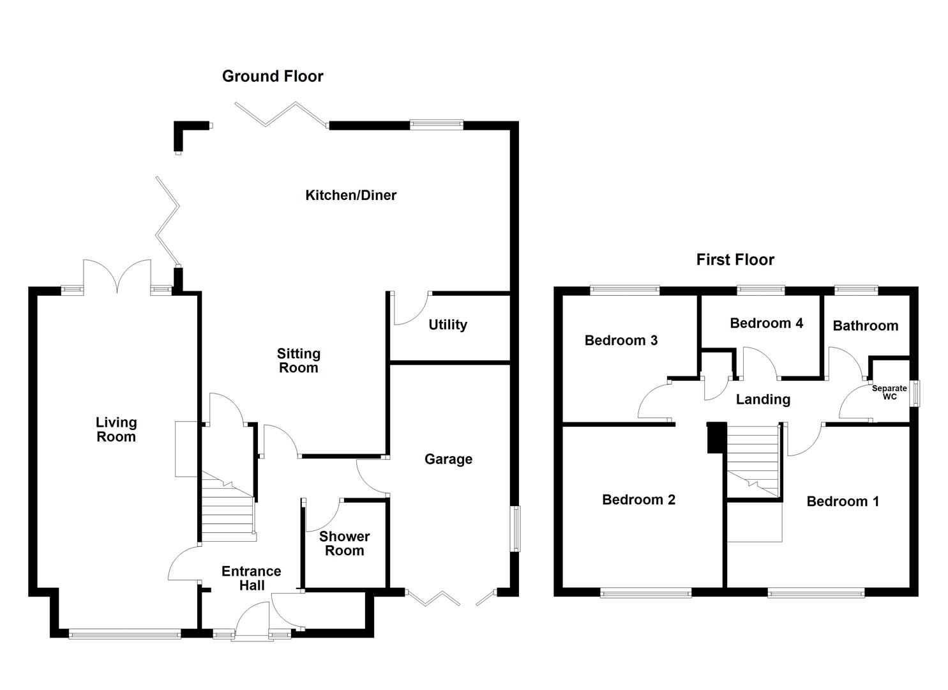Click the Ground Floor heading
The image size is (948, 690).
coord(273,77)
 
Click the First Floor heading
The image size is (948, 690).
coord(735,260)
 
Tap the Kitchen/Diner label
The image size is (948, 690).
coord(350,195)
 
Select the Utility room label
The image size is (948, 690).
coord(448,325)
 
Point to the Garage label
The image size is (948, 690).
coord(448,459)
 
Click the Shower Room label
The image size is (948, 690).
coord(344,544)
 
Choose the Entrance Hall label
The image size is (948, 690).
coord(252,578)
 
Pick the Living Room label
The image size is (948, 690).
coord(116,429)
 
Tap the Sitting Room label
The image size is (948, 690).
coord(298,360)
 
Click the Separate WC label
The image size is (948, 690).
coord(889,392)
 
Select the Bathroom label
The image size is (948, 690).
coord(865,326)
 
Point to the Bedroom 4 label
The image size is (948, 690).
coord(766,323)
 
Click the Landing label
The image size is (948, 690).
coord(763,400)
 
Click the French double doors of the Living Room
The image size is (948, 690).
coord(117,277)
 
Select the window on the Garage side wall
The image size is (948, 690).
coord(515,528)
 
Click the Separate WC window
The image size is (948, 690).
coord(915,393)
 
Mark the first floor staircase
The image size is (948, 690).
coord(754,460)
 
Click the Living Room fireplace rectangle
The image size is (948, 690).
coord(186,448)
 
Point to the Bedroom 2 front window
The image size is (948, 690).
coord(645,593)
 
